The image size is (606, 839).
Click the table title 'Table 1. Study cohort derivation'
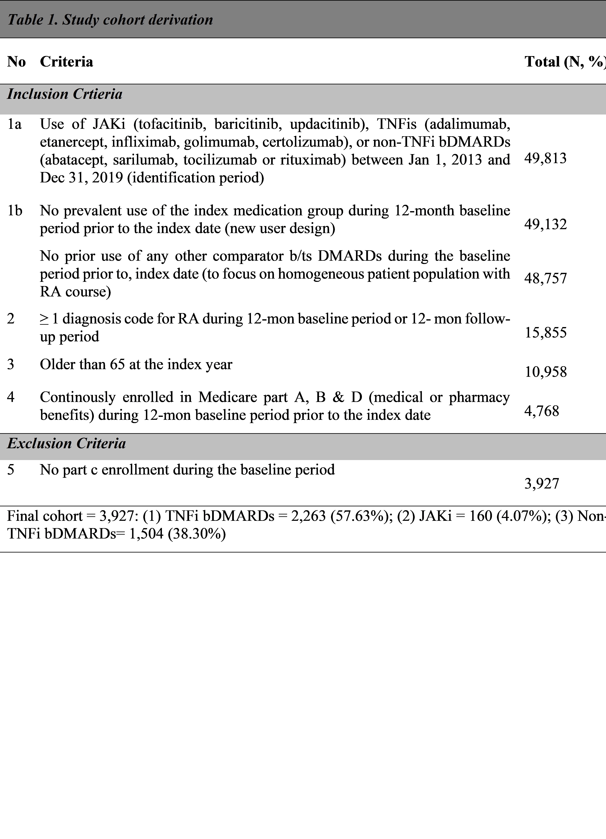110,20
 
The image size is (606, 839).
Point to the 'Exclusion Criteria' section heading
67,443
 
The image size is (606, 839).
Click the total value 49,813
545,158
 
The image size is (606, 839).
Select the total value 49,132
545,224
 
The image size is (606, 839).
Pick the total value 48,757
545,278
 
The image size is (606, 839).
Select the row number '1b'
15,211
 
